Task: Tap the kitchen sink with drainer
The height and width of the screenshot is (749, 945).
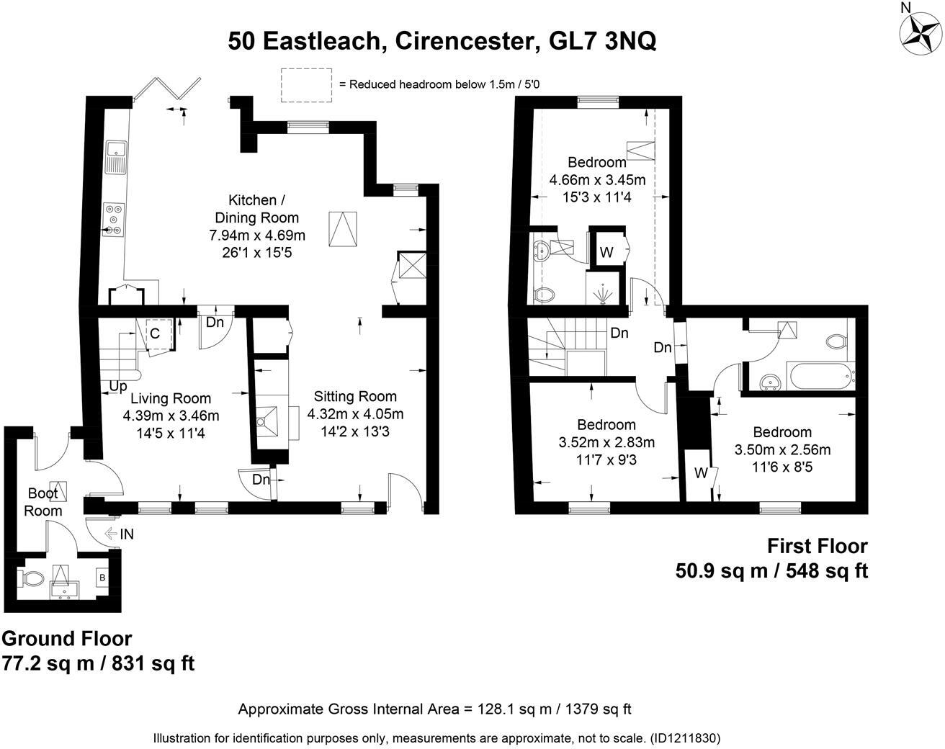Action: tap(116, 158)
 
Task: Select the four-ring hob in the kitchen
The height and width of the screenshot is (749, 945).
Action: tap(114, 220)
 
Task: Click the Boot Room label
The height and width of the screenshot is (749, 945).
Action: tap(42, 502)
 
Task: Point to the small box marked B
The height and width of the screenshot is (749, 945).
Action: tap(102, 578)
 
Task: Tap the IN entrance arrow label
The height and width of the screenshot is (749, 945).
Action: tap(127, 534)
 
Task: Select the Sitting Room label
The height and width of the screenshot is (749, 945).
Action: tap(355, 396)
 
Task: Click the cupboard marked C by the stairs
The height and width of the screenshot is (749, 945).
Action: tap(156, 333)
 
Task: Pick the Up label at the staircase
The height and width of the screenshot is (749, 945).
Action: tap(117, 386)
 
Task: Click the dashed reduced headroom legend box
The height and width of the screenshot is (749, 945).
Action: tap(306, 85)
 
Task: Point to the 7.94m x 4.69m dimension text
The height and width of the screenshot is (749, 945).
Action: tap(257, 236)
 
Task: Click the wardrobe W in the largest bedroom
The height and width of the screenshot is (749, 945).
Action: tap(606, 252)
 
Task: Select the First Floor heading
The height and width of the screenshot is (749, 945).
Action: tap(818, 546)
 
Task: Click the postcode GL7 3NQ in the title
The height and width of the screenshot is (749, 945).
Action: tap(602, 41)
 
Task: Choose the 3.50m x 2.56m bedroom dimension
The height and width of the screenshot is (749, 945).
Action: tap(782, 449)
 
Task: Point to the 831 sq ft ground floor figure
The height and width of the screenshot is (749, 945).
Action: tap(153, 663)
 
